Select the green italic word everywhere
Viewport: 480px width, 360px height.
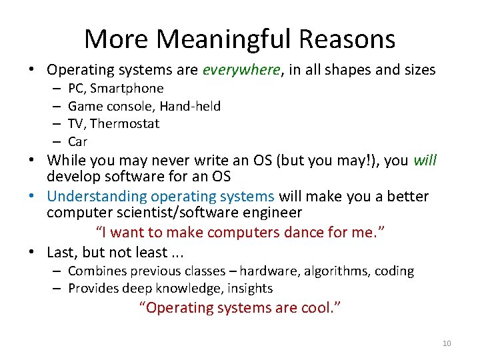point(241,69)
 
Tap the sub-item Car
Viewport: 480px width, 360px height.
point(77,141)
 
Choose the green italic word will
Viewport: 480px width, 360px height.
point(425,160)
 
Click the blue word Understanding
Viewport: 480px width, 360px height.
point(97,196)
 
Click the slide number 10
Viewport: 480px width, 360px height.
point(446,343)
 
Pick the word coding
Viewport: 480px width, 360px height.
point(394,271)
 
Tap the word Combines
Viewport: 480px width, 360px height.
point(95,271)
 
